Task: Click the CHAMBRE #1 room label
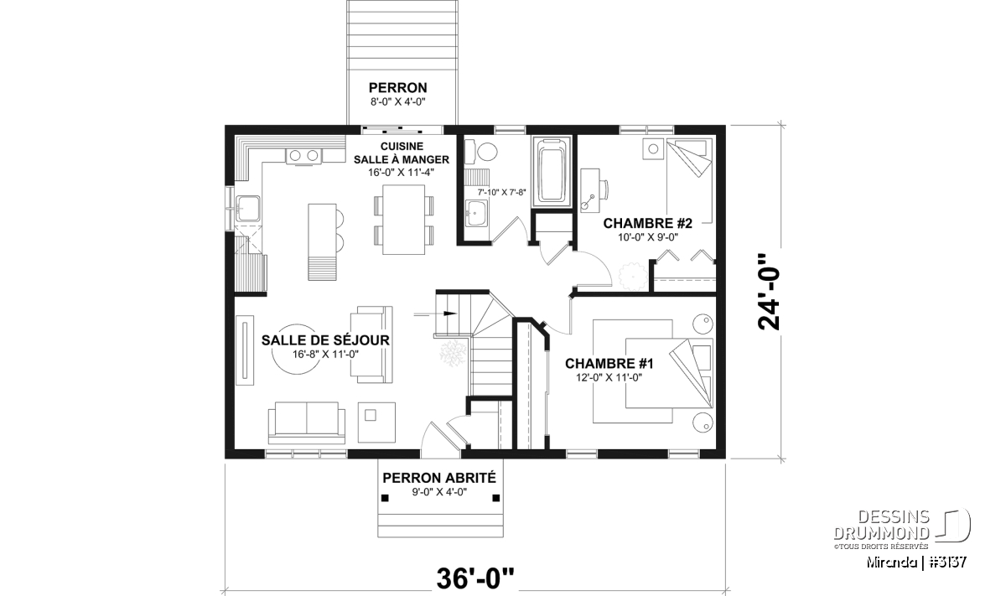609,363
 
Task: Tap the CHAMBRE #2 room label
647,223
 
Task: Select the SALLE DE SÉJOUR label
325,340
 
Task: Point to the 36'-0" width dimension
475,578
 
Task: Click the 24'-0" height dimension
769,292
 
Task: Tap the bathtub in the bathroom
552,172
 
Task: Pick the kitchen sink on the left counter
248,209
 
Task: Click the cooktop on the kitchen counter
303,156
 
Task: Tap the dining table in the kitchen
403,220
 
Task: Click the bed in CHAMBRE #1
669,373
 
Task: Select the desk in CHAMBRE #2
590,190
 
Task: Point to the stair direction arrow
435,314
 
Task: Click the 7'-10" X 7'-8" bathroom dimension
501,192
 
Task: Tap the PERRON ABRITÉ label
439,478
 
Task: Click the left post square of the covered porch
385,498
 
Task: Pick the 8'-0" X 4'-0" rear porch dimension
398,102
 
